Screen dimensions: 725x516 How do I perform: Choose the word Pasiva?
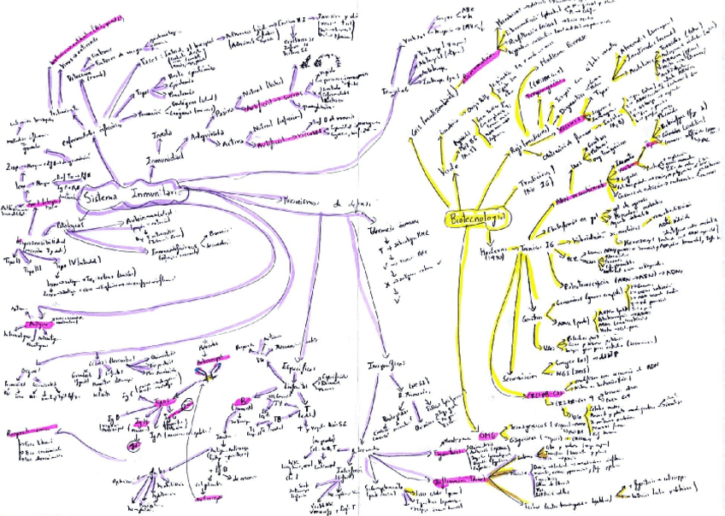[225, 112]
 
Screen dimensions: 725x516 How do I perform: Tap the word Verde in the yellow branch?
[420, 171]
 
